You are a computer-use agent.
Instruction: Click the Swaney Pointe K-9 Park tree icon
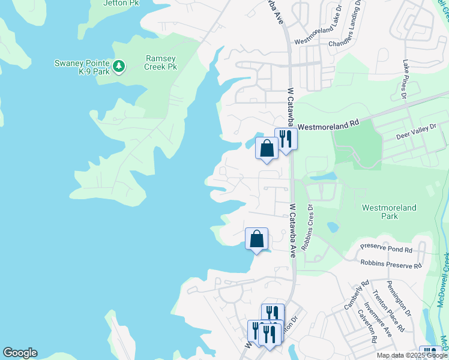point(119,65)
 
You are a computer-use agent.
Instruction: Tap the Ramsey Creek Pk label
point(161,62)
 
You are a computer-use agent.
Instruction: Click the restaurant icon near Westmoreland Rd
point(286,139)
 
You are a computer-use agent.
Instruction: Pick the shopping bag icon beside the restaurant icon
point(267,148)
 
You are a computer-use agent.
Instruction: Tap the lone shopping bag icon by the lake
point(256,238)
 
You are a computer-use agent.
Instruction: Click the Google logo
point(20,353)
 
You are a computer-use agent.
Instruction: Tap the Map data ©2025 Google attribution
point(412,355)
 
